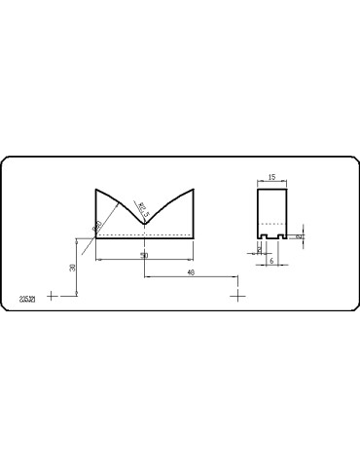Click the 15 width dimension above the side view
(271, 177)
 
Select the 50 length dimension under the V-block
(144, 255)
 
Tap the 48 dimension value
(191, 272)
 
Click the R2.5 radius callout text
(143, 208)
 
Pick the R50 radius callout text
(98, 227)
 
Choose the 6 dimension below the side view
(271, 261)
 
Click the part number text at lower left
(27, 296)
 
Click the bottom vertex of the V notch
(145, 224)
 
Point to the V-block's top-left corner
(96, 189)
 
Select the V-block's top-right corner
(194, 189)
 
